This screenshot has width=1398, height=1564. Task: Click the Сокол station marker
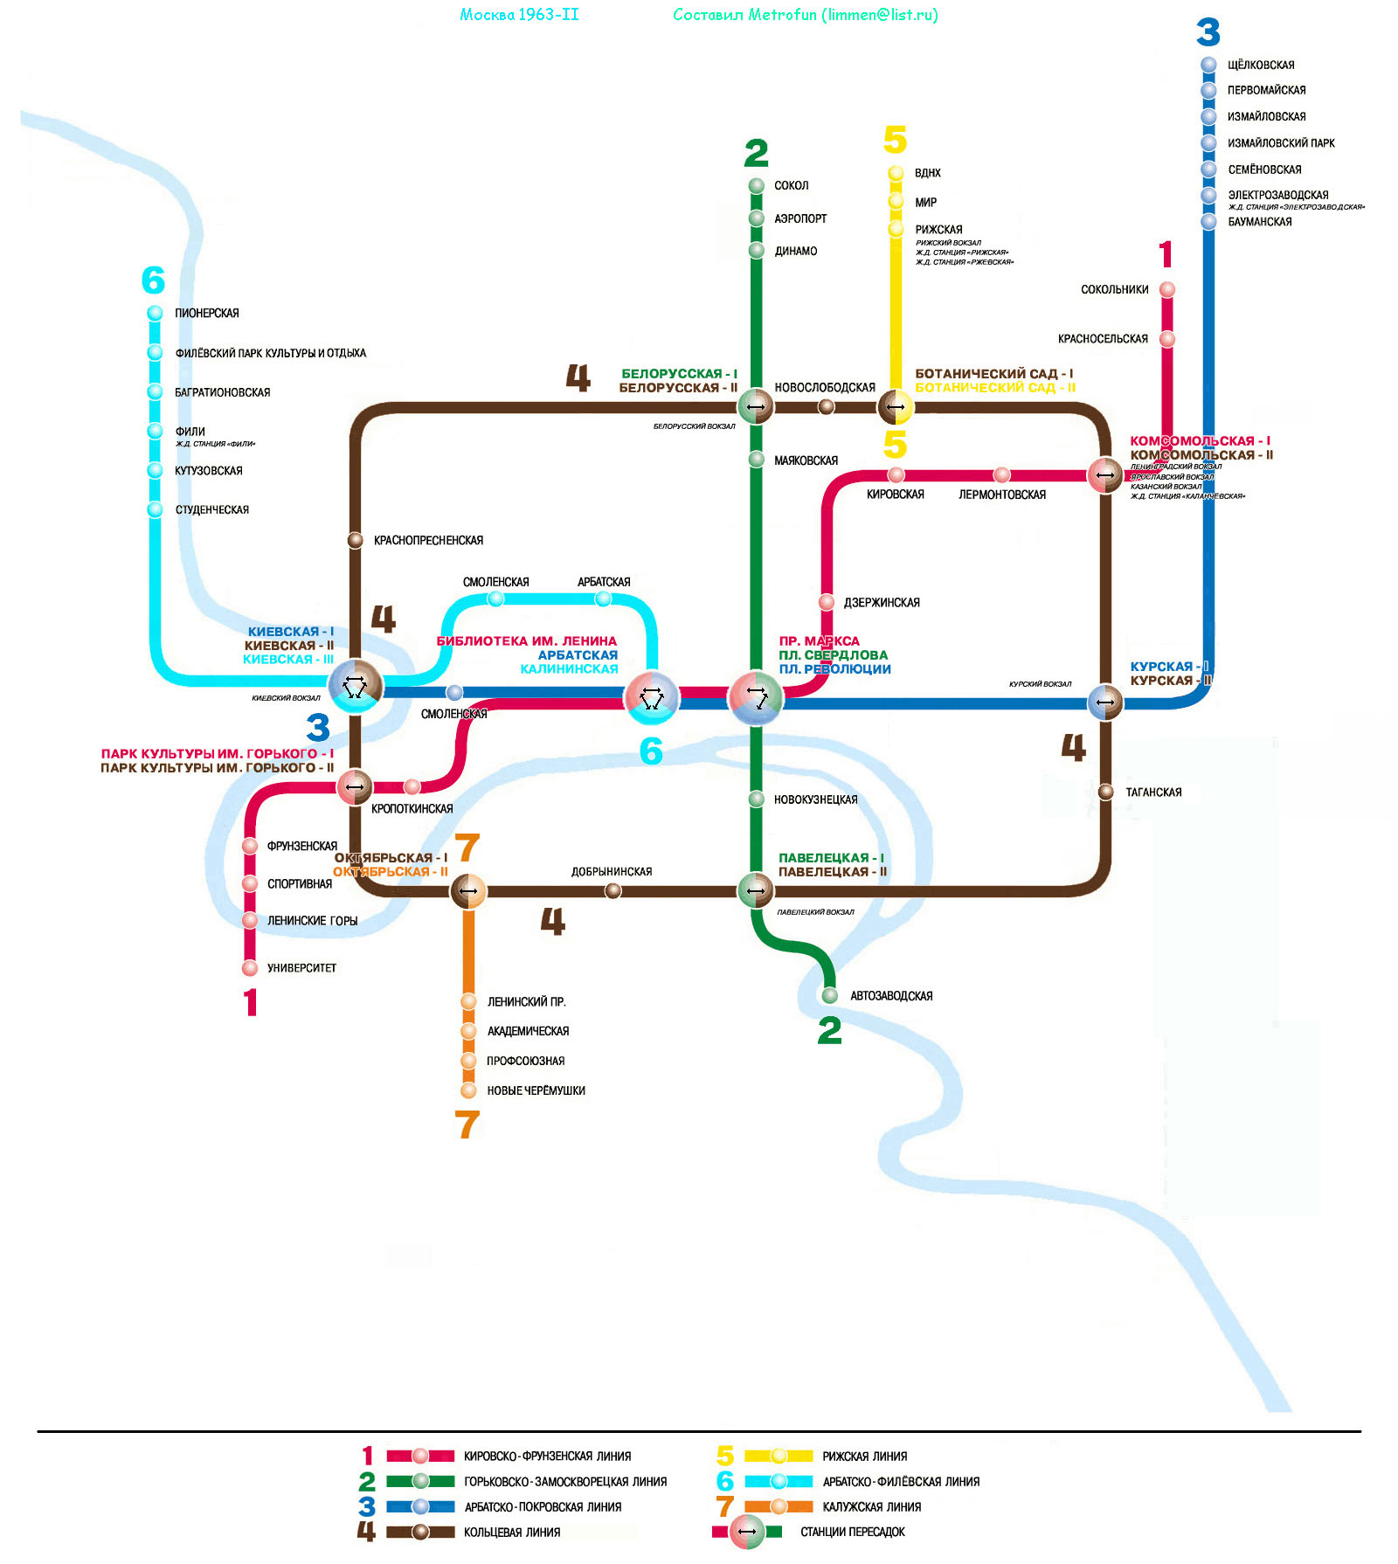pos(757,185)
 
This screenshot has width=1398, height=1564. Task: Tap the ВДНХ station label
pos(927,173)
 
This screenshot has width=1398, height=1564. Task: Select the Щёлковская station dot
pos(1208,65)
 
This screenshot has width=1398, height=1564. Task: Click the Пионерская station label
pos(206,313)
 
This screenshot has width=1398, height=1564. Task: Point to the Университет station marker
pos(250,967)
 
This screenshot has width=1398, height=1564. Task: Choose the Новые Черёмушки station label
pos(536,1090)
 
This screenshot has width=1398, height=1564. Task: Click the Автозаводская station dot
pos(829,995)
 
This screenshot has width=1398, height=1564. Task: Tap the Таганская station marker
pos(1105,792)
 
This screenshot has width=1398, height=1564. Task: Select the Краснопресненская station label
pos(428,541)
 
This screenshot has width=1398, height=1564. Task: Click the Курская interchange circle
pos(1105,702)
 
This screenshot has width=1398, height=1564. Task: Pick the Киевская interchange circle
pos(355,687)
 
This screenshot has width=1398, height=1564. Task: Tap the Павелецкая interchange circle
pos(756,890)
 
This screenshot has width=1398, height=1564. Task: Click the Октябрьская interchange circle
pos(468,891)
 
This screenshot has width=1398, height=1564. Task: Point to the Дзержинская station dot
pos(827,602)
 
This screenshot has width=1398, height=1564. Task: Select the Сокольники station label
pos(1114,289)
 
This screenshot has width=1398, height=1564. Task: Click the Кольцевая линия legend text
pos(512,1532)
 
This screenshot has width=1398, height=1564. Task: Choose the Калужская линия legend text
pos(871,1506)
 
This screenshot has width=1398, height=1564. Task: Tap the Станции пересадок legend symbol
pos(747,1532)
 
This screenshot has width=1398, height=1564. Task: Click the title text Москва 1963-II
pos(519,15)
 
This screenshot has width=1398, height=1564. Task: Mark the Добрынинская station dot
pos(613,890)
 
